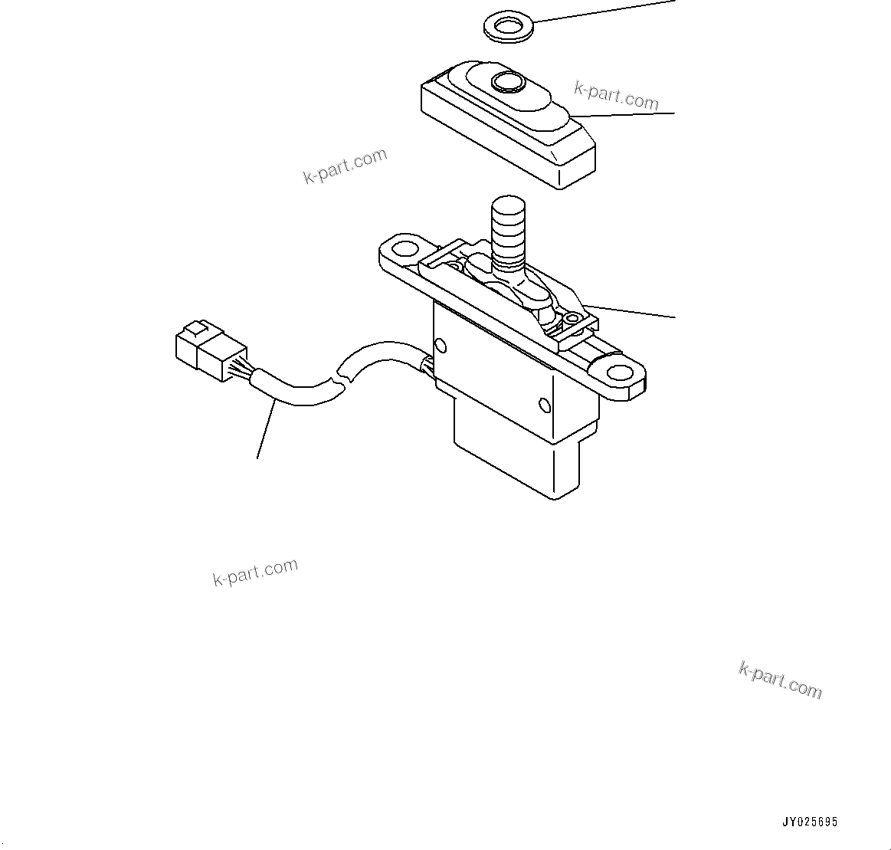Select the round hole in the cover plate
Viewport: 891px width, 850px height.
pos(506,80)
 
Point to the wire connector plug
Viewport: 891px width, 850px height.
pos(204,350)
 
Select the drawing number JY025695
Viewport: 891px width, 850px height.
pos(809,822)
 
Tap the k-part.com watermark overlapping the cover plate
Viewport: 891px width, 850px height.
pos(616,96)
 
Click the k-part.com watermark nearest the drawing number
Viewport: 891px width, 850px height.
pos(780,680)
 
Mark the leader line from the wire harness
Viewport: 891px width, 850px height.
pos(265,429)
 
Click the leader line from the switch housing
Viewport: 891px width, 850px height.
pos(630,310)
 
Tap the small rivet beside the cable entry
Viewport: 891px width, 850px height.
pos(438,343)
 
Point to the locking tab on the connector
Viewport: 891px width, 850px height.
pos(194,330)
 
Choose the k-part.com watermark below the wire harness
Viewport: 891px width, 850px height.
pos(255,571)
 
